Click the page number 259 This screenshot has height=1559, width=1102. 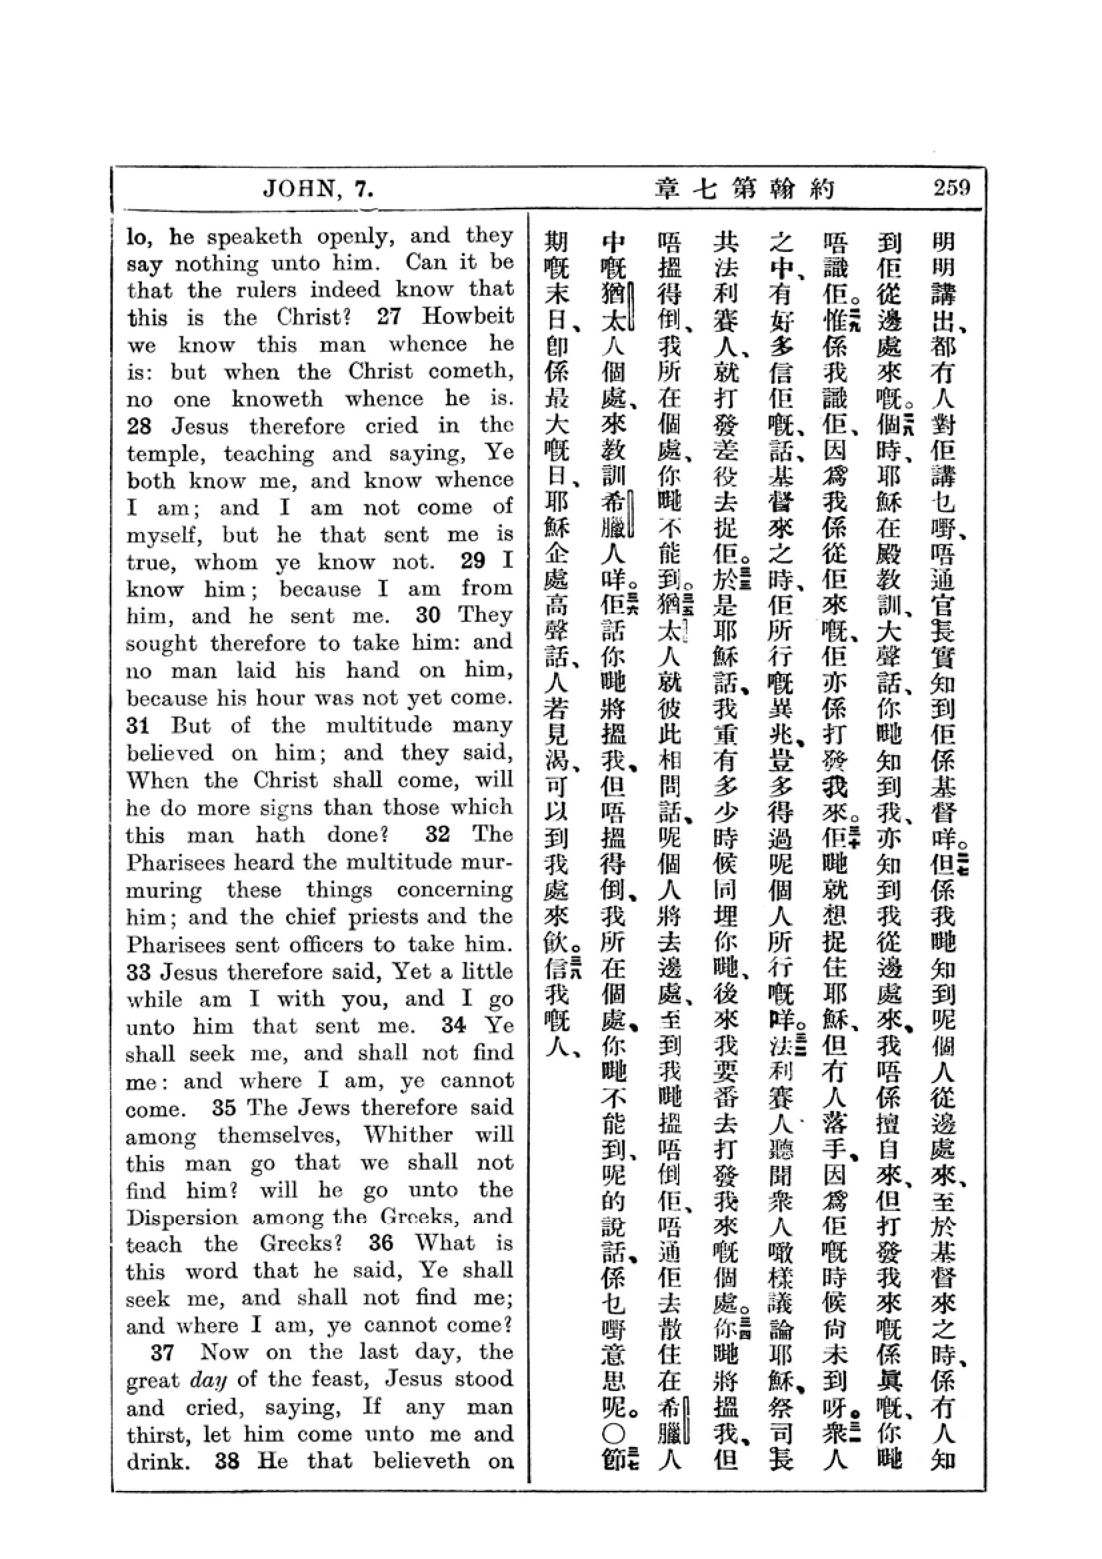[x=951, y=187]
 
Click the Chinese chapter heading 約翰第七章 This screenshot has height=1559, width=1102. [x=744, y=188]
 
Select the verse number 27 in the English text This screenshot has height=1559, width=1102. [x=389, y=317]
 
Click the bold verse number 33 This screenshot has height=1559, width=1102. [x=138, y=972]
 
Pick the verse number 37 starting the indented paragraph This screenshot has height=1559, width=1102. [x=163, y=1352]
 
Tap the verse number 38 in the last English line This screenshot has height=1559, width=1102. [x=227, y=1460]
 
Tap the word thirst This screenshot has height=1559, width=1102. [x=153, y=1434]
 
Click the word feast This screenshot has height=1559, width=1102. [x=339, y=1379]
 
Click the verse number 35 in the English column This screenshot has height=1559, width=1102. [x=223, y=1108]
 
